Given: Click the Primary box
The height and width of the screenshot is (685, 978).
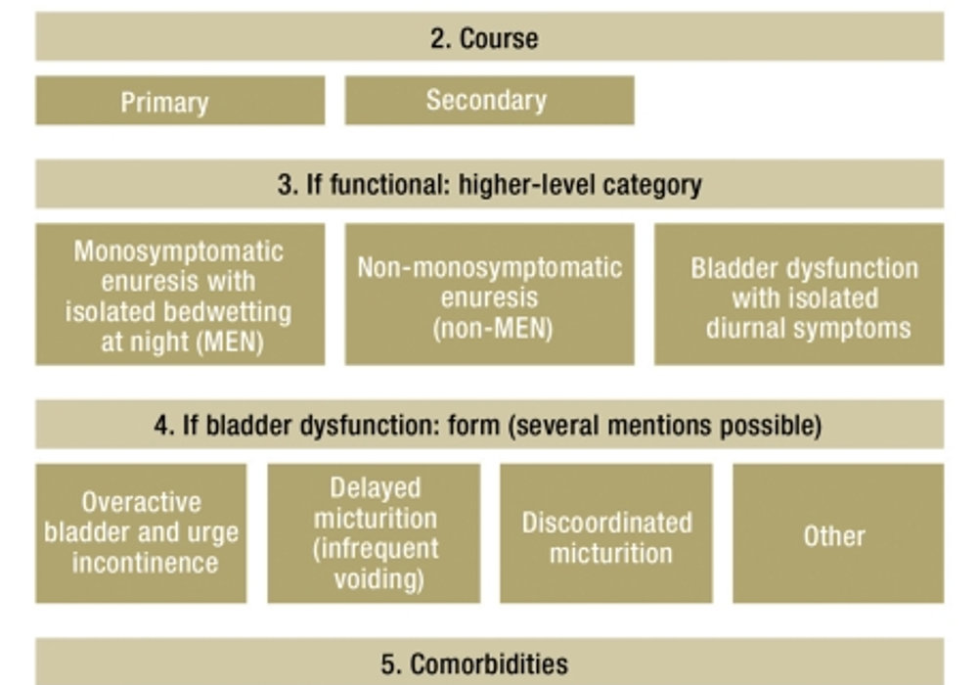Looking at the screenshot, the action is click(x=180, y=101).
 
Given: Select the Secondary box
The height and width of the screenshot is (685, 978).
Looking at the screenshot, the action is click(x=490, y=101).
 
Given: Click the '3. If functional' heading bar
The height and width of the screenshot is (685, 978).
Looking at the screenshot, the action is click(x=490, y=184).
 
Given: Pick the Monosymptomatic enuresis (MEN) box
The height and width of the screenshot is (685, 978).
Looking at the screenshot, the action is click(x=180, y=294).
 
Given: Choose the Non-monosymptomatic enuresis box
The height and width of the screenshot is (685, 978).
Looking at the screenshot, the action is click(x=490, y=294).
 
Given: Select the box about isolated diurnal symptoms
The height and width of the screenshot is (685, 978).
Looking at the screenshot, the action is click(x=799, y=294).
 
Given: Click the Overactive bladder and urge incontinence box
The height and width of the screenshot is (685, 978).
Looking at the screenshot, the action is click(x=141, y=533).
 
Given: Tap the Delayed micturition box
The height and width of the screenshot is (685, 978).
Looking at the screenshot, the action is click(x=375, y=533).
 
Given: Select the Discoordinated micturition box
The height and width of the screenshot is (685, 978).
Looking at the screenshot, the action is click(x=606, y=533).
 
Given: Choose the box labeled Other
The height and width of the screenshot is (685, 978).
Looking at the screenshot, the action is click(x=838, y=533).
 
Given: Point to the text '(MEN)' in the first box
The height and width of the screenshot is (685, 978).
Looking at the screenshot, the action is click(x=230, y=342).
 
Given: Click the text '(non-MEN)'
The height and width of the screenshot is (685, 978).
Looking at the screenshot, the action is click(x=493, y=328).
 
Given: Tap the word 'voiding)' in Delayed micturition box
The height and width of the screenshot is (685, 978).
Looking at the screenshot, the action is click(x=379, y=579).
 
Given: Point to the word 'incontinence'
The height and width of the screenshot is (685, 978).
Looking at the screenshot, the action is click(x=146, y=563).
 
